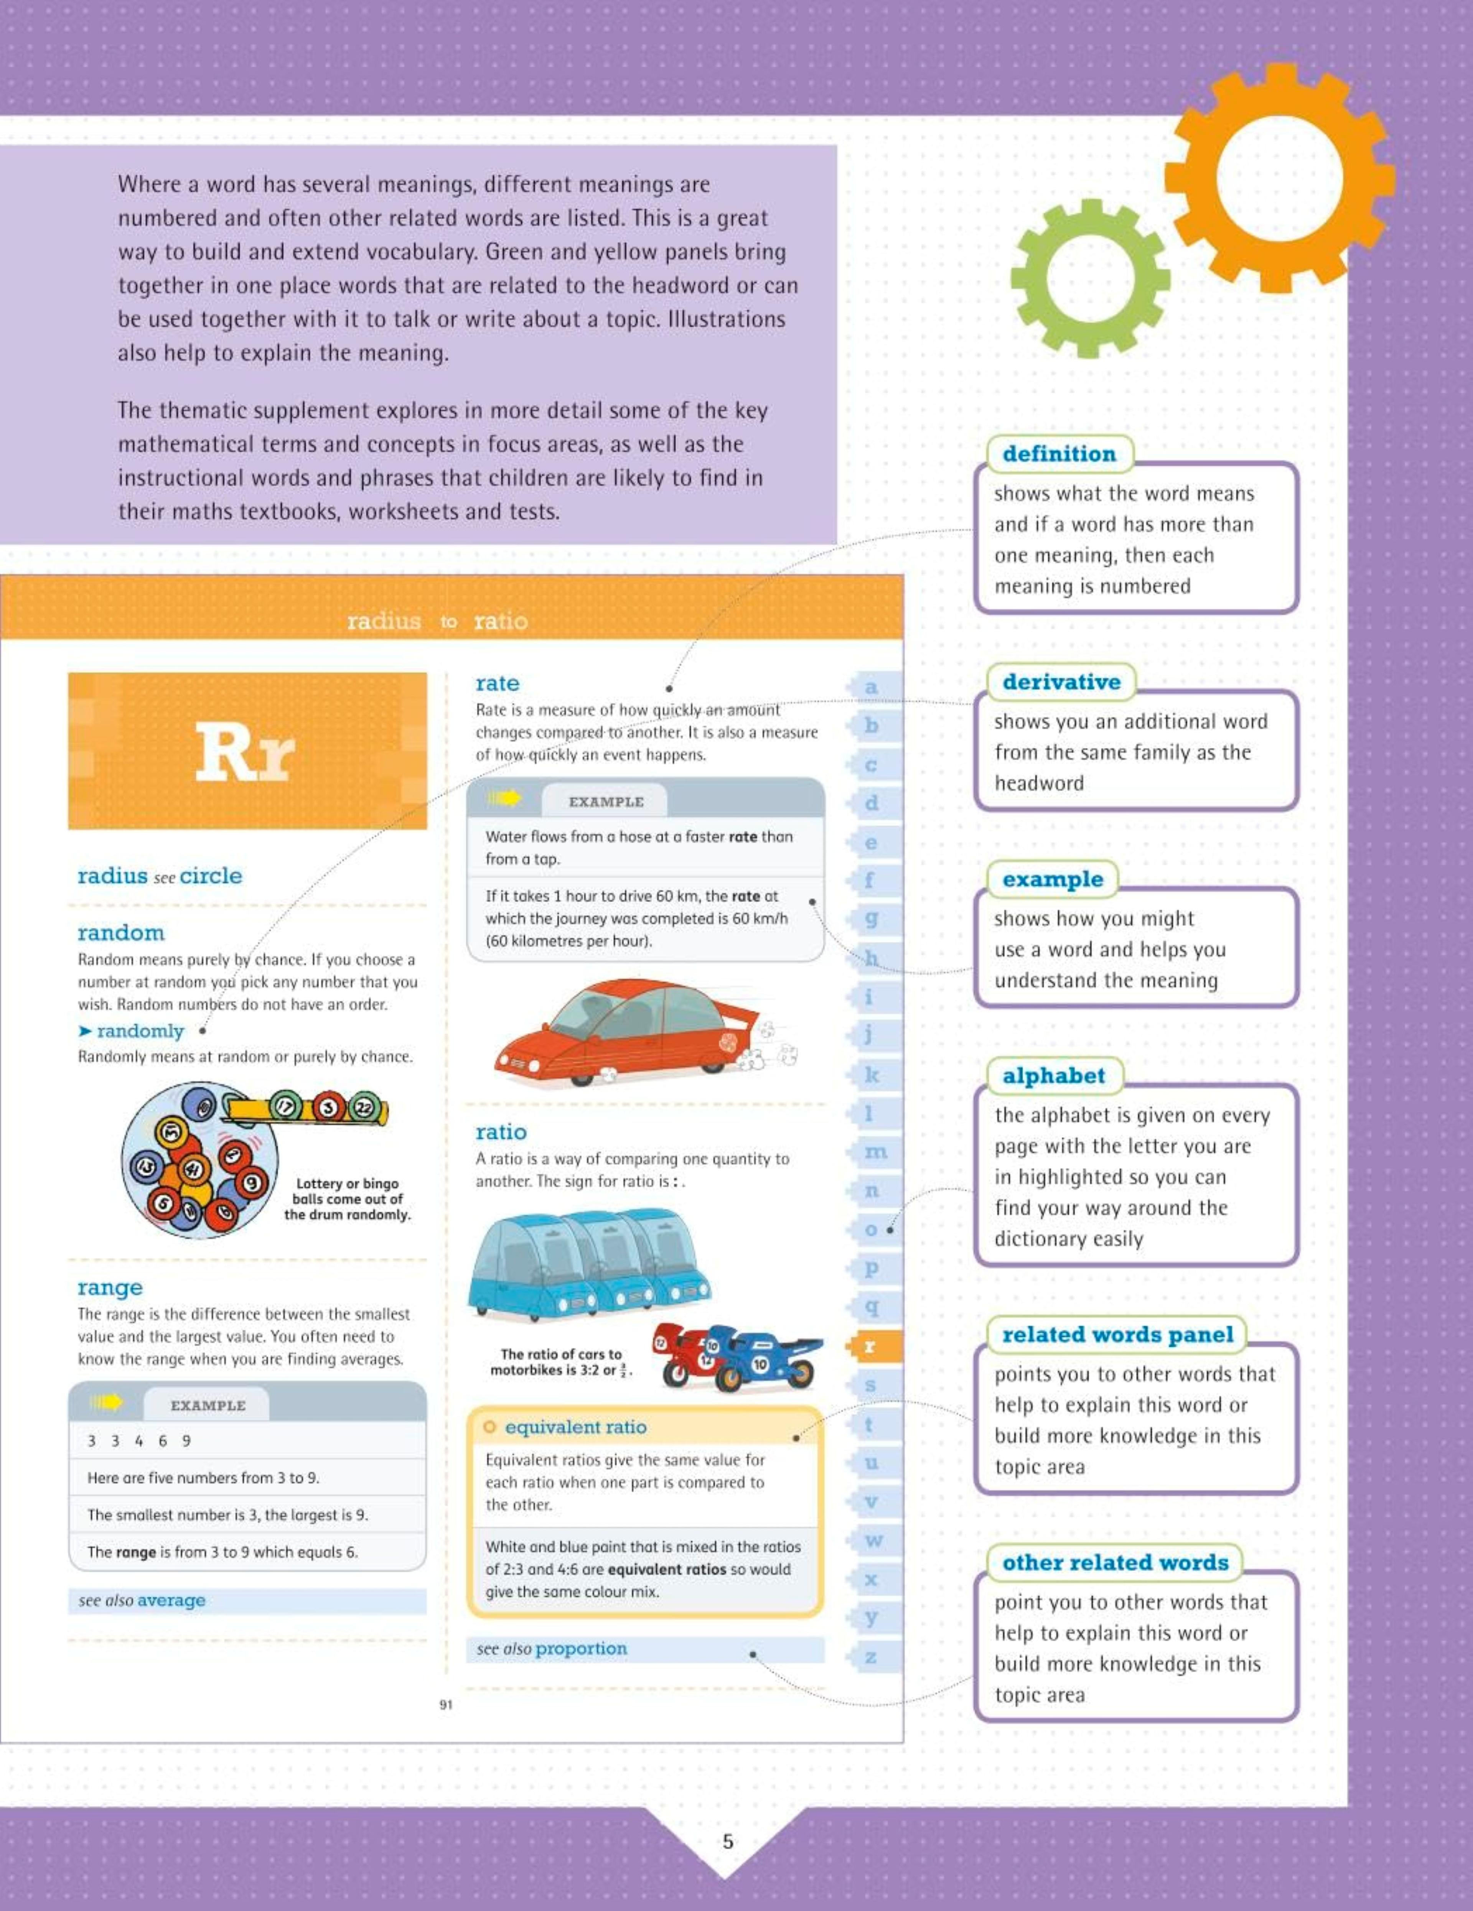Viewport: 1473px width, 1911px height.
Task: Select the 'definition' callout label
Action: (1059, 454)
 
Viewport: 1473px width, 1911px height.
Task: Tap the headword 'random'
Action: (121, 933)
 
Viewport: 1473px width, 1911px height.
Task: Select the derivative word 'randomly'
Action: (140, 1031)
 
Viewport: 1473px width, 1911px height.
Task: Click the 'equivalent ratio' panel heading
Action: (575, 1427)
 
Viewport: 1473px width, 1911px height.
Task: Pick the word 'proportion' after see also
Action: (581, 1649)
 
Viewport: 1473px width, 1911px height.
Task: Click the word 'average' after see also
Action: (171, 1600)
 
